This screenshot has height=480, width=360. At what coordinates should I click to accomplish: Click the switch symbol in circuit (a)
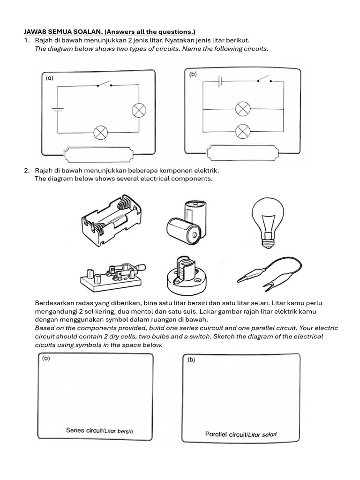click(104, 85)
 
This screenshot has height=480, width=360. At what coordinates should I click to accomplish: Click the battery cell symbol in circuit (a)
click(58, 111)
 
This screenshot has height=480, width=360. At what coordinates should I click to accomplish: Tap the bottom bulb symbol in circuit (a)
click(100, 133)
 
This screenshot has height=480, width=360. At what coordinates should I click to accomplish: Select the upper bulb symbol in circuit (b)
click(242, 109)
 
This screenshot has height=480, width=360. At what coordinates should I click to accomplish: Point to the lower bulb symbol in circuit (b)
click(242, 130)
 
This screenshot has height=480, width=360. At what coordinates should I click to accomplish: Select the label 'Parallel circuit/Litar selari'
click(241, 434)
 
